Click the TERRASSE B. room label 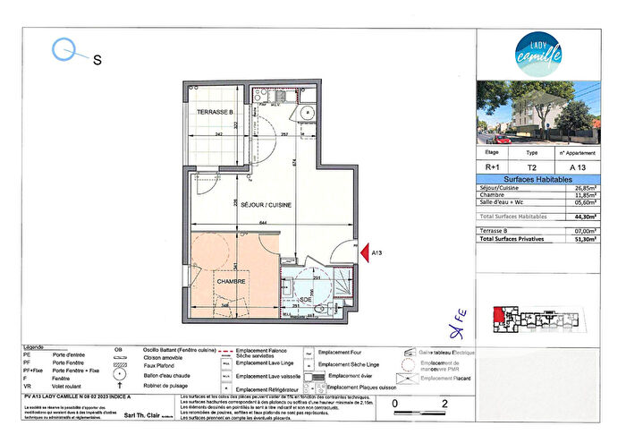pos(216,112)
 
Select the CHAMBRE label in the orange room pos(230,279)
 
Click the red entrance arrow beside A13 pos(363,254)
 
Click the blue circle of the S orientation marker pos(64,49)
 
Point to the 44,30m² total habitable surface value pos(585,217)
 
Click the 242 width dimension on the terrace pos(218,134)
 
